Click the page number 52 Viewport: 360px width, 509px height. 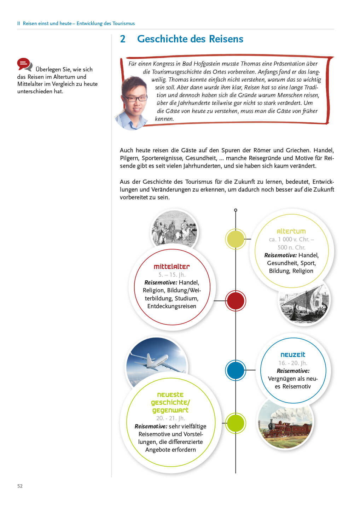[x=20, y=486]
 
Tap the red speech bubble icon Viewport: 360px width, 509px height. [x=24, y=64]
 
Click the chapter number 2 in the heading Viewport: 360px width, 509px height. [x=123, y=39]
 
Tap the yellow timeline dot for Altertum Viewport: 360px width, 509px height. [x=236, y=239]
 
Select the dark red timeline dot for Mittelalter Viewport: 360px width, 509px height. [x=236, y=301]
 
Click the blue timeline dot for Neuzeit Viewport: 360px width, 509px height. [x=236, y=370]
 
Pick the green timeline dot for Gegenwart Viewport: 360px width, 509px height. [x=236, y=423]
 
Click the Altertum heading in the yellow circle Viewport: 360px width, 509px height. [x=291, y=231]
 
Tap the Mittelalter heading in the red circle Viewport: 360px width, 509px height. [x=172, y=267]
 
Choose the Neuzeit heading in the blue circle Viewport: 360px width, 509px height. [x=293, y=355]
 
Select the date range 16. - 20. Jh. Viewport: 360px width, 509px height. [x=293, y=363]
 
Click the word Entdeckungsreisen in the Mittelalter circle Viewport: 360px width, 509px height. [x=172, y=306]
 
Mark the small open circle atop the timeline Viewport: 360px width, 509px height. [x=236, y=210]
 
